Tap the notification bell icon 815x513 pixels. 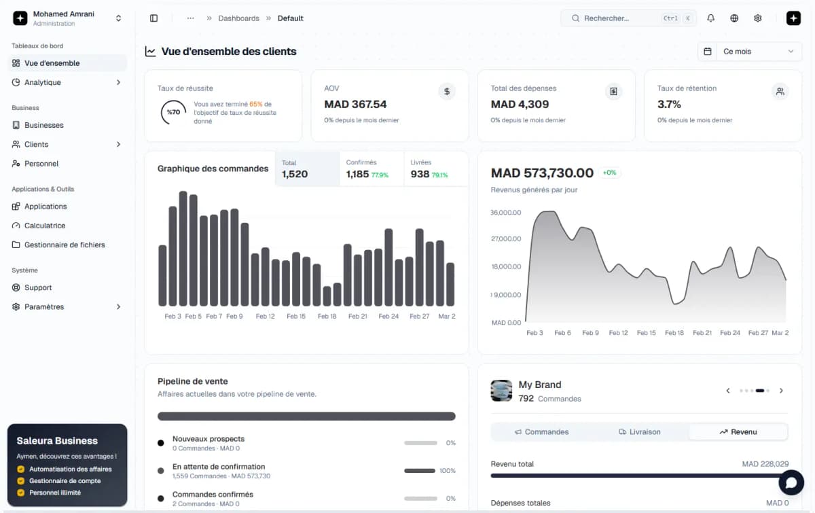[710, 18]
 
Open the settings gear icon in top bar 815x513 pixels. [758, 18]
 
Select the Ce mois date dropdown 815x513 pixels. [750, 52]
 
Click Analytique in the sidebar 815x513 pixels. [43, 82]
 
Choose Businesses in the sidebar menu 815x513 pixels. [44, 125]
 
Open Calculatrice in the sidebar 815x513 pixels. [45, 226]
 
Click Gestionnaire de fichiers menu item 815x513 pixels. [65, 245]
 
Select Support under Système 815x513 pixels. [38, 287]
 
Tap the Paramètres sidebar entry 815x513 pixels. [44, 306]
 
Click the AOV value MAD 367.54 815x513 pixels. [355, 104]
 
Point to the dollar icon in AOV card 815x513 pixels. [446, 91]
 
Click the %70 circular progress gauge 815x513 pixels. [174, 112]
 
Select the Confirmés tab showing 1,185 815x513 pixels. [370, 169]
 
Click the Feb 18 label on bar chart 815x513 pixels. [327, 316]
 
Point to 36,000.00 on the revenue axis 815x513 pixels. [506, 213]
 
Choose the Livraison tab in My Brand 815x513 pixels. [640, 431]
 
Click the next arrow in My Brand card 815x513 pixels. [781, 391]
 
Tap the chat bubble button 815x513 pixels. [791, 482]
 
